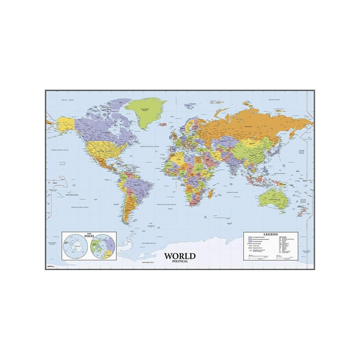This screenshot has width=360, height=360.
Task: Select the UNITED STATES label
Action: (104, 151)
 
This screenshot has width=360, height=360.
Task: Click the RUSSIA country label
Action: (248, 127)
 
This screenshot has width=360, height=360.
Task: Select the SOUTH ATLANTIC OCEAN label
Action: (166, 204)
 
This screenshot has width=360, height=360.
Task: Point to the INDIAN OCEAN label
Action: (232, 193)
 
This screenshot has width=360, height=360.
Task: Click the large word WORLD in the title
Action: (180, 256)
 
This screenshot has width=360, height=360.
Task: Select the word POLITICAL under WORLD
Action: (180, 261)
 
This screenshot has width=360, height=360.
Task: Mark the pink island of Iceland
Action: (163, 124)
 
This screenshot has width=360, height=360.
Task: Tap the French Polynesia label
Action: (72, 195)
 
